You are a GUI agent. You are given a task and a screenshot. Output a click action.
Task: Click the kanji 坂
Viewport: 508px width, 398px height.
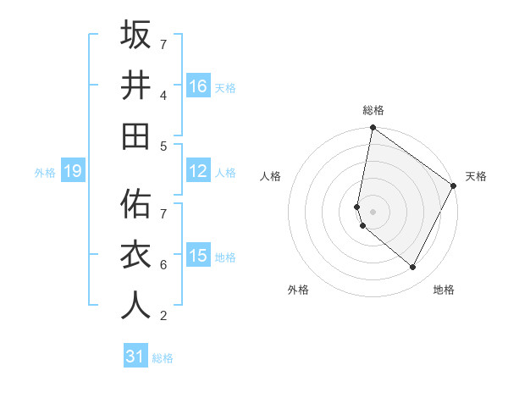click(x=135, y=36)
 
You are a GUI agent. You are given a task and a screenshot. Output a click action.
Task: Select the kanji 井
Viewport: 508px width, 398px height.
click(x=135, y=86)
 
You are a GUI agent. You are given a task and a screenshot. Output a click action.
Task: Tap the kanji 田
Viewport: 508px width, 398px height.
click(x=135, y=135)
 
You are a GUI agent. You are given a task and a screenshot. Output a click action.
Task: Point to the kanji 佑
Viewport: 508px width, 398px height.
click(x=135, y=204)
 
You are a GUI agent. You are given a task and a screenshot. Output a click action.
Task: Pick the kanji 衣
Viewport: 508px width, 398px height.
click(x=135, y=256)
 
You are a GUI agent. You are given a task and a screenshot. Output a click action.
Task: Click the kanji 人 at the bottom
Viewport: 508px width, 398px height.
click(x=135, y=306)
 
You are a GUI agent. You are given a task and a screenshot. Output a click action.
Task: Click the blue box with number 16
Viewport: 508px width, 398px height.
click(x=198, y=86)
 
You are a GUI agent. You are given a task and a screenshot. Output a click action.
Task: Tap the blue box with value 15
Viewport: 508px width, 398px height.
click(x=198, y=257)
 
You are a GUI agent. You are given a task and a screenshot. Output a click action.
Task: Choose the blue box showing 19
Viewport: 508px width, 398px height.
click(x=72, y=172)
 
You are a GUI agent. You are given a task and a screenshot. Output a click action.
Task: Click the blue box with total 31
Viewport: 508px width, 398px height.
click(x=135, y=357)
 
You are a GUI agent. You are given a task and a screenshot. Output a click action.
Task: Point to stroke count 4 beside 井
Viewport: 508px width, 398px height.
click(x=163, y=95)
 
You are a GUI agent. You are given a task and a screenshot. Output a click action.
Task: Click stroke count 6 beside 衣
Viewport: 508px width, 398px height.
click(x=163, y=265)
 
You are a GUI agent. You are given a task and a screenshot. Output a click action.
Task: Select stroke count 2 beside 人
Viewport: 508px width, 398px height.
click(x=163, y=316)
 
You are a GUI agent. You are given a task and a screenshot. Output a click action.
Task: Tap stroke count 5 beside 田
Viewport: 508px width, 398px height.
click(x=163, y=146)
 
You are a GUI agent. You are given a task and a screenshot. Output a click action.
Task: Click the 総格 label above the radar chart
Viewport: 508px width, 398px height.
click(x=373, y=110)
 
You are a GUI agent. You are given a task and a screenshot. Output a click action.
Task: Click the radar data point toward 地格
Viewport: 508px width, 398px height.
click(x=413, y=268)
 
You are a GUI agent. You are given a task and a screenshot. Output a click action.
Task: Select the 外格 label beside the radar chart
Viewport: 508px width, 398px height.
click(x=298, y=290)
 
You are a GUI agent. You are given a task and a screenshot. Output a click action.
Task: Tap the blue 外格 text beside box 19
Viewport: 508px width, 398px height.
click(x=45, y=173)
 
